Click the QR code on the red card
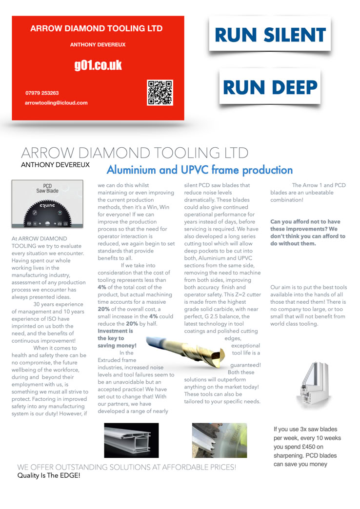tap(160, 93)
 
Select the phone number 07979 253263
tap(42, 92)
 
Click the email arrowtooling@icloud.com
tap(56, 103)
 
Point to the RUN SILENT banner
tap(270, 35)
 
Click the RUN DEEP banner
tap(270, 87)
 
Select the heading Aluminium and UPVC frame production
tap(199, 170)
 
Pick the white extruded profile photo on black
tap(131, 440)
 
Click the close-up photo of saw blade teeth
tap(220, 440)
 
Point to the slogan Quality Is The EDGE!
tap(49, 475)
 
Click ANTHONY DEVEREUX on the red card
tap(98, 45)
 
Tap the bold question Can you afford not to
tap(307, 233)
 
